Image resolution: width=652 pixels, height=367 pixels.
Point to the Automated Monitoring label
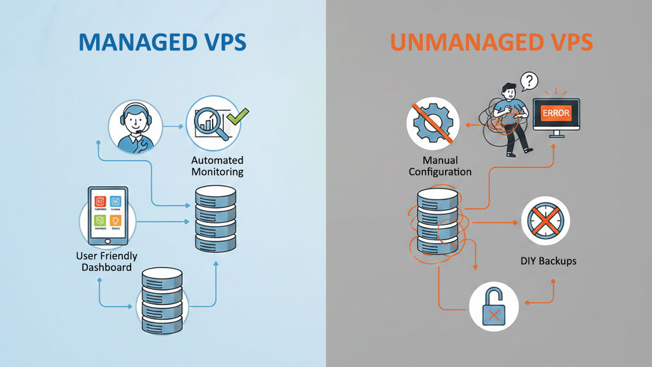(x=217, y=166)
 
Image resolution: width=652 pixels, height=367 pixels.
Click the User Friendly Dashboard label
(x=107, y=261)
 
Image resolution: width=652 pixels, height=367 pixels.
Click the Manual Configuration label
(x=440, y=166)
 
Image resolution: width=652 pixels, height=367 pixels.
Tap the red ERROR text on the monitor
(x=555, y=113)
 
